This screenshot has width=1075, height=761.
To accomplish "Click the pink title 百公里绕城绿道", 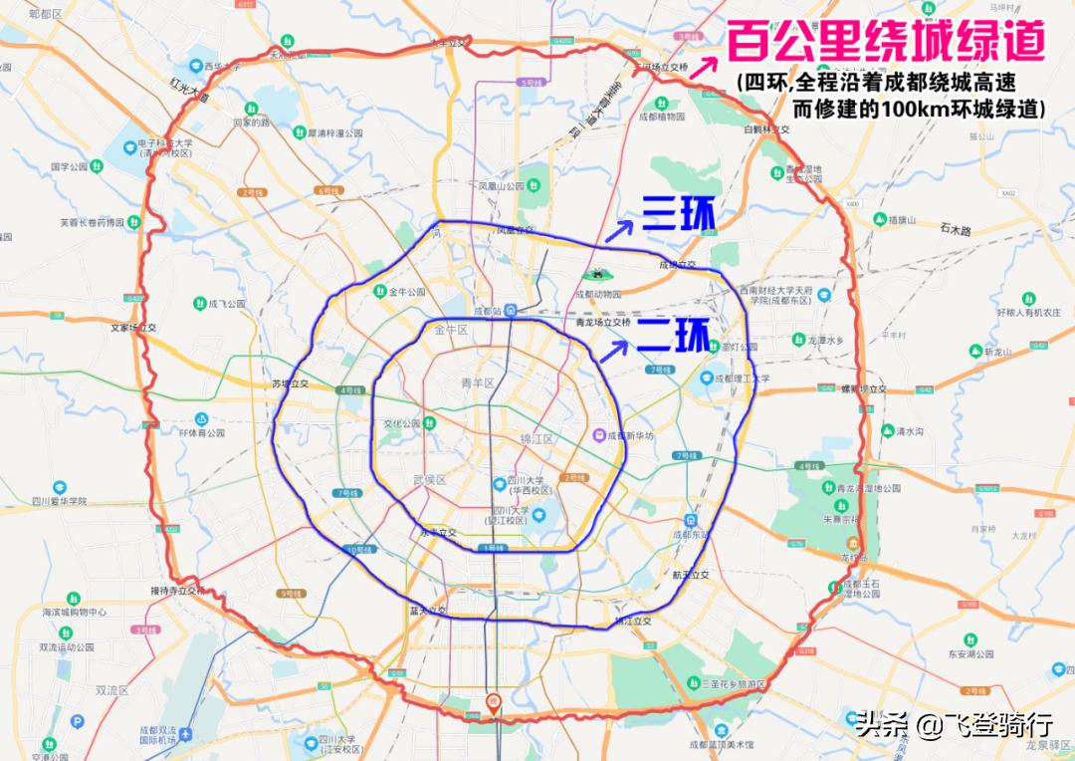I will click(885, 43).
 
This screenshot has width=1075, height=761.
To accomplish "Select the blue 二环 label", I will click(674, 336).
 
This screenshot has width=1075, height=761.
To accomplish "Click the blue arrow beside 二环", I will click(618, 348).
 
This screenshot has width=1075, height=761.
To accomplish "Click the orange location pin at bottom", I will click(493, 703).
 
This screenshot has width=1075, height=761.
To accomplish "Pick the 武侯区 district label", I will click(430, 480).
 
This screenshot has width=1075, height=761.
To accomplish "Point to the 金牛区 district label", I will click(451, 330).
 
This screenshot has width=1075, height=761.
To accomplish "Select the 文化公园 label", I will click(402, 423).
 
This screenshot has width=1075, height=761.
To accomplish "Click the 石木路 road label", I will click(960, 229).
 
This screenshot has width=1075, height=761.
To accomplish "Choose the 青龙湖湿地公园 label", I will click(868, 488).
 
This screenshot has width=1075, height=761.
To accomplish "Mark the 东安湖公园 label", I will click(970, 654).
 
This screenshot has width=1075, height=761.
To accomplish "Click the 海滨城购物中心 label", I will click(75, 612).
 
